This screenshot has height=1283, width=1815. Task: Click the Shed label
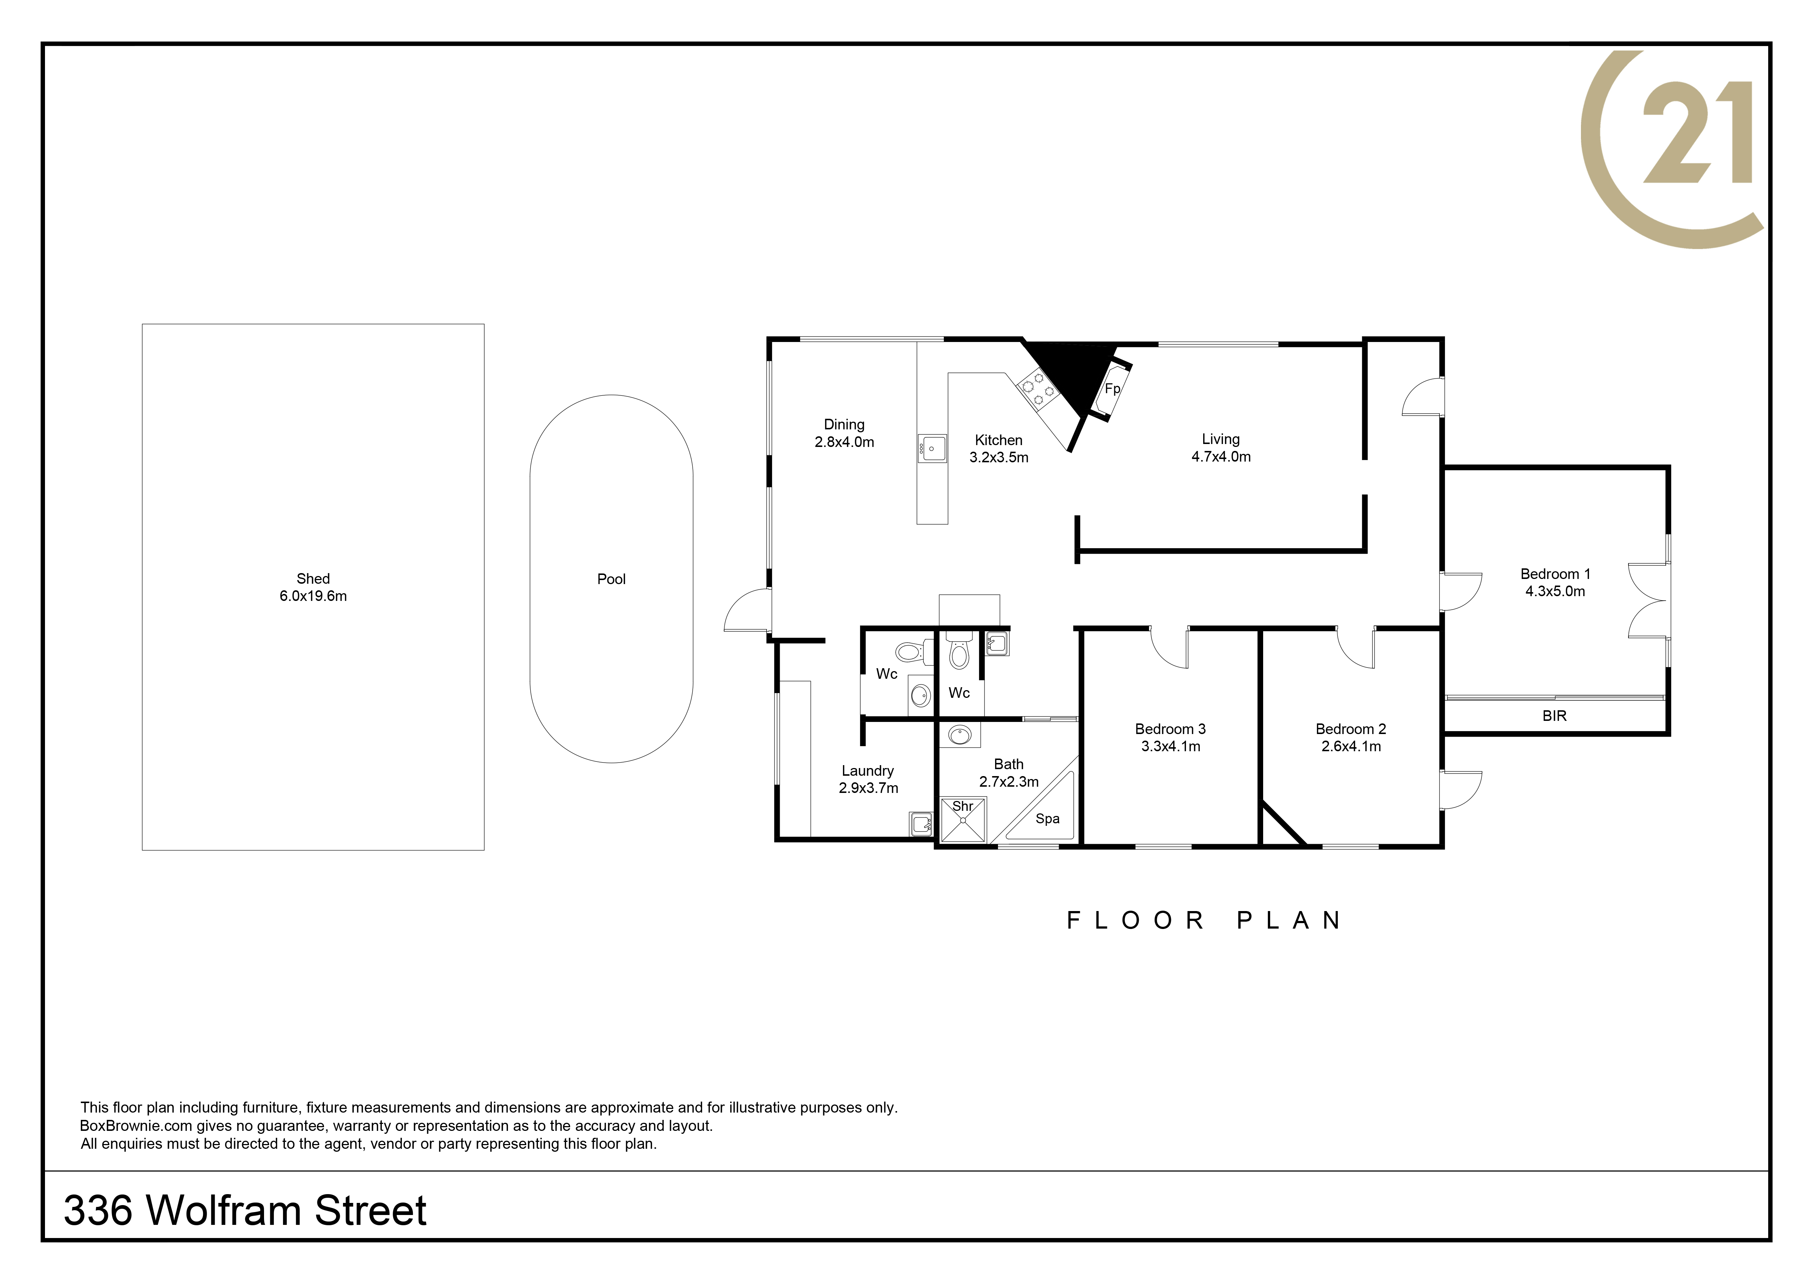[313, 579]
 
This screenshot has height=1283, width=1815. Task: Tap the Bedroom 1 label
[1555, 574]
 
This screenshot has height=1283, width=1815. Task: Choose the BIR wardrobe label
[1554, 715]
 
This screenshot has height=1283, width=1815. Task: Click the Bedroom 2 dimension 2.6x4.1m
[1351, 746]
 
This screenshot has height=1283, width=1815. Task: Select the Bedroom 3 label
[1170, 729]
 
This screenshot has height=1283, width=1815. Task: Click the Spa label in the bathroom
[1047, 819]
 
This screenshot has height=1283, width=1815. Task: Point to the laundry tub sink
[921, 824]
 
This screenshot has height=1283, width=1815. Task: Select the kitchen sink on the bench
[932, 448]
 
